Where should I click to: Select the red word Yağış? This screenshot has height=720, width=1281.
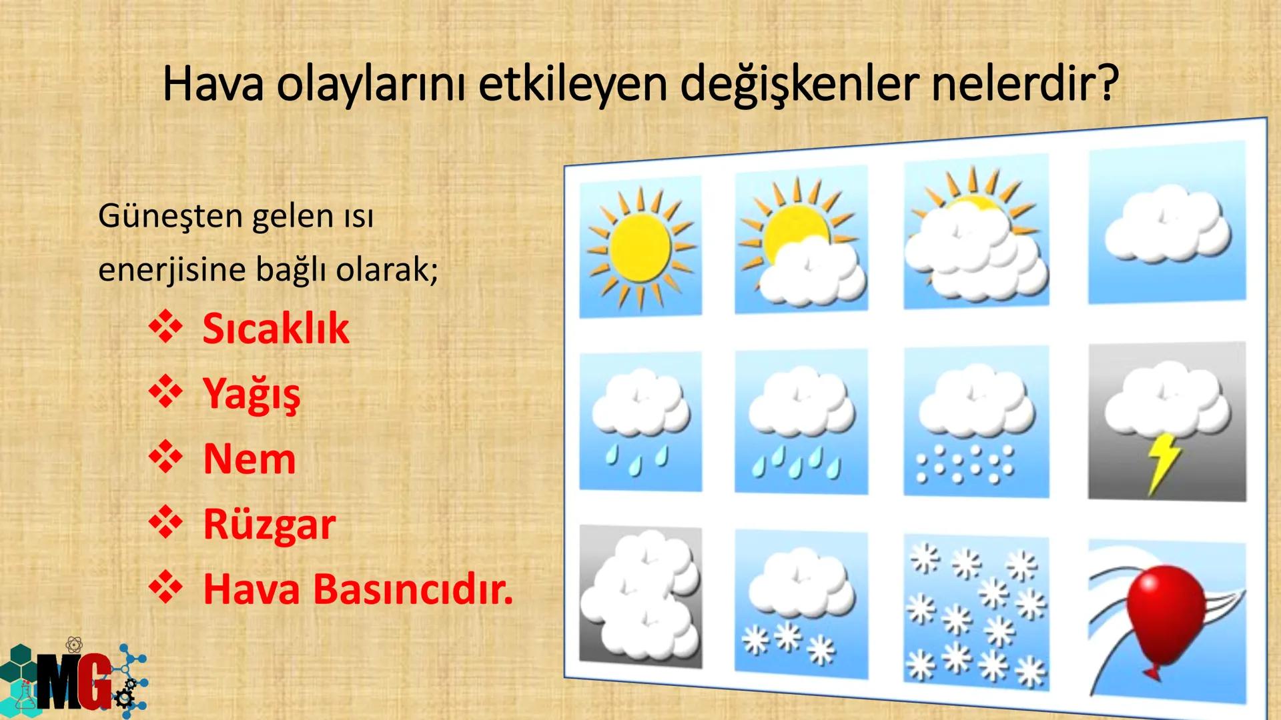tap(252, 393)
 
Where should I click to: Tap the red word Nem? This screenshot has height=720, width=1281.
tap(249, 459)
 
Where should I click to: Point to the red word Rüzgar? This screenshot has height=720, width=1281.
tap(269, 524)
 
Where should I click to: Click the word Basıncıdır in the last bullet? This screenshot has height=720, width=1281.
tap(413, 589)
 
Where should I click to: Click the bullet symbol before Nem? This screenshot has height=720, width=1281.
tap(165, 458)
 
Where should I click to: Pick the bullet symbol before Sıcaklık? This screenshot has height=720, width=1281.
tap(165, 327)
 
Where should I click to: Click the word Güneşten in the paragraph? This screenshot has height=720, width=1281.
tap(169, 216)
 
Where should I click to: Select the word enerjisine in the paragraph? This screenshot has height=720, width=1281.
tap(172, 270)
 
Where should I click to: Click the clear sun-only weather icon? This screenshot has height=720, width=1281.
tap(640, 247)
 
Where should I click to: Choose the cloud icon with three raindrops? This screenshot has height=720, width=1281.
tap(640, 421)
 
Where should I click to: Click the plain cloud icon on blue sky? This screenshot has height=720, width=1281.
tap(1166, 224)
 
